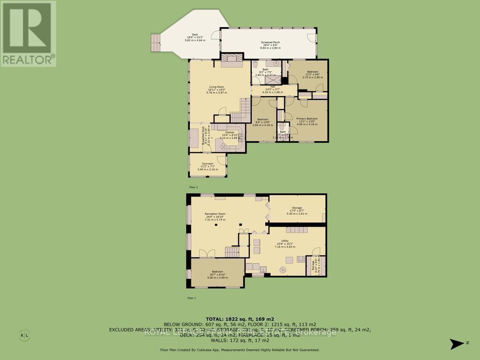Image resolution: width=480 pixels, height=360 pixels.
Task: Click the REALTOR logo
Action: tap(29, 33)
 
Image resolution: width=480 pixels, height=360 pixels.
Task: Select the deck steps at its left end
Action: tap(155, 43)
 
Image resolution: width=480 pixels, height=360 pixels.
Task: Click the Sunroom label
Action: tap(207, 165)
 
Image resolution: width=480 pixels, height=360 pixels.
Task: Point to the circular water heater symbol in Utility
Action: tap(283, 269)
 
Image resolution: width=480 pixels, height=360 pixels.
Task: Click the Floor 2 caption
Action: tap(194, 187)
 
